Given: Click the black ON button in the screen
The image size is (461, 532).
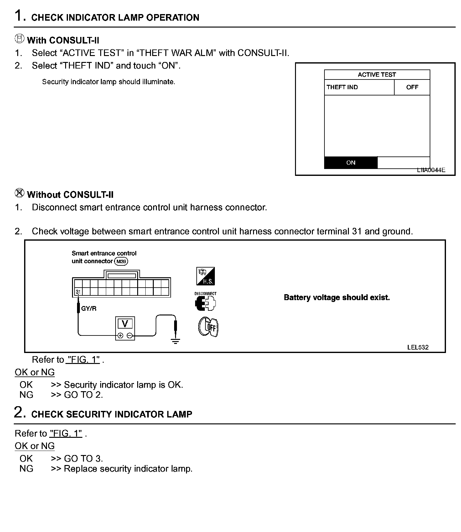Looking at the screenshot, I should point(351,163).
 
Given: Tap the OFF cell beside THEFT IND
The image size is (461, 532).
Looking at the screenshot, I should point(412,87).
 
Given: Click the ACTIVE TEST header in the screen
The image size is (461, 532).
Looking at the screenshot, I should point(377,75).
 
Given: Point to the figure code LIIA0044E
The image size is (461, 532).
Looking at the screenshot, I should point(431,170).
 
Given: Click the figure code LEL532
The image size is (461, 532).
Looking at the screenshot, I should point(418,347).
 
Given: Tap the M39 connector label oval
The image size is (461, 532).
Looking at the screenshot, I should point(121,261).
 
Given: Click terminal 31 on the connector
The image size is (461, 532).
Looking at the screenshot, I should point(78,292).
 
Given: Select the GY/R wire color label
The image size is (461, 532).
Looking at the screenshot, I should point(89,309).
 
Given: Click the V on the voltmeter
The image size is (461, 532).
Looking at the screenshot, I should point(125,323).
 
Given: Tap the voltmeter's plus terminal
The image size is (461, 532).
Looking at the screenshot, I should point(120,336).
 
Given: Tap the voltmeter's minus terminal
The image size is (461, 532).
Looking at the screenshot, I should point(130,336).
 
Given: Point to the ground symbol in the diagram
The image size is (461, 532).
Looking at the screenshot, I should point(175,341).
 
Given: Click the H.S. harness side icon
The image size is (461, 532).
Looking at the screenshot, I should point(205,276).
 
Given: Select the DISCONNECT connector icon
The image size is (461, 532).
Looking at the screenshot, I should point(205,302).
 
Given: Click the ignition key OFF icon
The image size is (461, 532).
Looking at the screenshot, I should point(208,327).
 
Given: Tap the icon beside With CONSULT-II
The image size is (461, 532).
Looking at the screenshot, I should point(19,39).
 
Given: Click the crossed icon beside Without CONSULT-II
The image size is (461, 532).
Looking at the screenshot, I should point(19,193).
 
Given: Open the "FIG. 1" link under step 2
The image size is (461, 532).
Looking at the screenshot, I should point(66,433).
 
